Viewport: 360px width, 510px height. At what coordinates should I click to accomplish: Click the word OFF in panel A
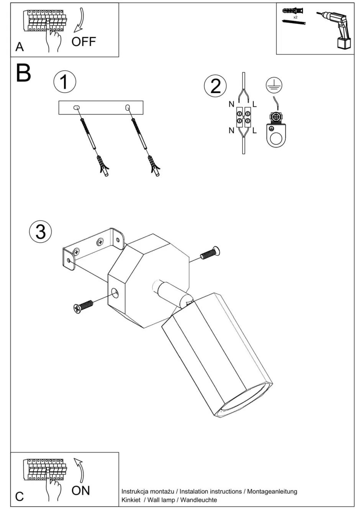tap(83, 41)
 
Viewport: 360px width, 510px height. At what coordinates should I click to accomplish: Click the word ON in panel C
tap(80, 490)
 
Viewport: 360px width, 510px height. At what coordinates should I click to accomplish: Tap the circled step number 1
tap(65, 82)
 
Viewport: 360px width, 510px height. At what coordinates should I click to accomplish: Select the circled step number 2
tap(215, 85)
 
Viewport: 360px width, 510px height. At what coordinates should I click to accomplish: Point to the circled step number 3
tap(40, 232)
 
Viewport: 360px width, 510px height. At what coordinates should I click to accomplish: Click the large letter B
tap(23, 73)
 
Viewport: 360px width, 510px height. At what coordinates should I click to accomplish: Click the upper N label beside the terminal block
tap(231, 104)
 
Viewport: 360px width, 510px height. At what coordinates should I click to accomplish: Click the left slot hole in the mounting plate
tap(77, 108)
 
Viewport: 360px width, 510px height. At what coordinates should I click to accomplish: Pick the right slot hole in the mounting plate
tap(128, 108)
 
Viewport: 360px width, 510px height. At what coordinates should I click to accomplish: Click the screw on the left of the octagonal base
tap(83, 306)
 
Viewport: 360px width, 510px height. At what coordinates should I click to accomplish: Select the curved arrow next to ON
tap(80, 470)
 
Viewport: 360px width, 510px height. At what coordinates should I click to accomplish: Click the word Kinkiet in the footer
tap(131, 500)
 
